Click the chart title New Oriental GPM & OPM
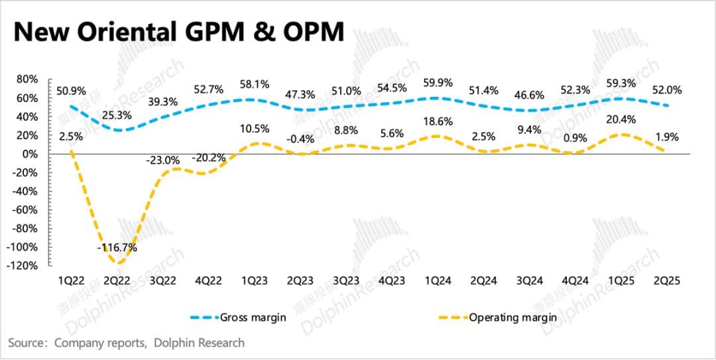[179, 31]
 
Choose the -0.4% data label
[302, 139]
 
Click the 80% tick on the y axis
[26, 79]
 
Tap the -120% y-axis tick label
[22, 265]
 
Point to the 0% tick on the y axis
[29, 154]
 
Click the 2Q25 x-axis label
[666, 281]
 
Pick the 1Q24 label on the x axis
[438, 281]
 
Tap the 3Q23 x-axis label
[346, 281]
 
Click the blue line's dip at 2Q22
[118, 130]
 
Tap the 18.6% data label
[438, 121]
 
